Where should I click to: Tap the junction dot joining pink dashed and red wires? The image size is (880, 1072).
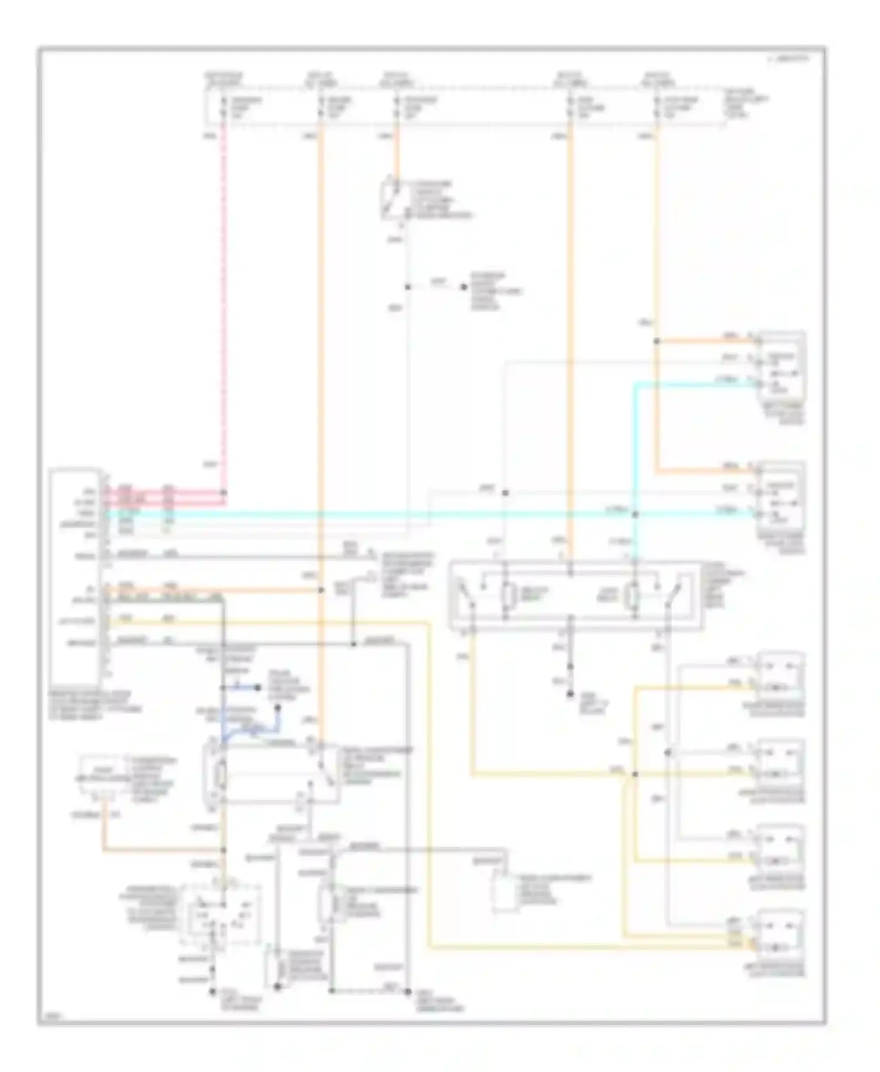click(224, 493)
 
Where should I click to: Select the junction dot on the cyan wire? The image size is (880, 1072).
click(634, 515)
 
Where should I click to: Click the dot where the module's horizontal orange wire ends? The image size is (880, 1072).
click(321, 590)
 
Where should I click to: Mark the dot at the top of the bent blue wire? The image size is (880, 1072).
click(278, 709)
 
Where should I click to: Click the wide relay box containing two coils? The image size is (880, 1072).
click(574, 595)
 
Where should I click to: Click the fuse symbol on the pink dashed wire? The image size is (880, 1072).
click(224, 108)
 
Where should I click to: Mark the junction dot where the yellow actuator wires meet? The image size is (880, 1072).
click(634, 774)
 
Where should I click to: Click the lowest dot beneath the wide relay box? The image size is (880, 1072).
click(570, 694)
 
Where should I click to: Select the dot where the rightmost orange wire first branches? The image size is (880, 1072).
click(656, 341)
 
